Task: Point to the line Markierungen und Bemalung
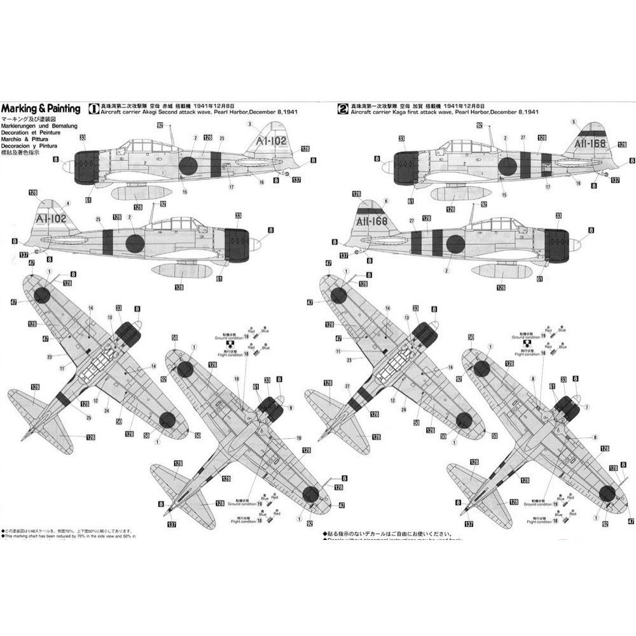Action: click(37, 127)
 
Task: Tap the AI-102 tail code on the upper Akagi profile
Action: click(270, 141)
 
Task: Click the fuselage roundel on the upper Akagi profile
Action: click(188, 165)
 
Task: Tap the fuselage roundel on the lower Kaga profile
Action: click(456, 242)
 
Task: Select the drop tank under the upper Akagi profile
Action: click(141, 192)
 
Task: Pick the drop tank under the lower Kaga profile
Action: click(500, 271)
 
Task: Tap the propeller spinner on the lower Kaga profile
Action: click(575, 244)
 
